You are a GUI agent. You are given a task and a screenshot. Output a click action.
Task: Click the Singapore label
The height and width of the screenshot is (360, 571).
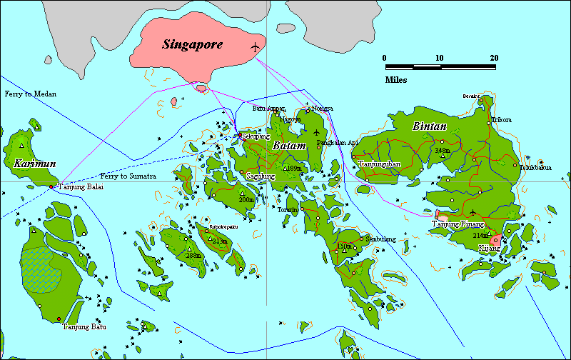click(192, 44)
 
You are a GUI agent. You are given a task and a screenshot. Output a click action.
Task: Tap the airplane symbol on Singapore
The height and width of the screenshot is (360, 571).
click(256, 47)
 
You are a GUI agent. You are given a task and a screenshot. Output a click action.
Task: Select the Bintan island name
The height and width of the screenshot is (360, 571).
click(430, 126)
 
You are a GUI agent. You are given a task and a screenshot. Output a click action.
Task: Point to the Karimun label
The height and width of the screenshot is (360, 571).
click(34, 164)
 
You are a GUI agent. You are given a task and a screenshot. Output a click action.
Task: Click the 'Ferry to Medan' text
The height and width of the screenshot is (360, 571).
click(30, 94)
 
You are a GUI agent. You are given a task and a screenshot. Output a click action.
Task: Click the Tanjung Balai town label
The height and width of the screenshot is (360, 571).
click(80, 186)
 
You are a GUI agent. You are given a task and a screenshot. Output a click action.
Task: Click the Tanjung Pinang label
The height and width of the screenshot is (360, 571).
click(458, 224)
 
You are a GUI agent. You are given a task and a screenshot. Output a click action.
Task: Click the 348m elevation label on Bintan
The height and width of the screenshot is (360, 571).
click(443, 151)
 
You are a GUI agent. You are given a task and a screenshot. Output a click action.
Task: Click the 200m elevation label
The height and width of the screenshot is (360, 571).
click(246, 200)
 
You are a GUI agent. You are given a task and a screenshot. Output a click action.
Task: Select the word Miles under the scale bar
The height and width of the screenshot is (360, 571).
click(396, 80)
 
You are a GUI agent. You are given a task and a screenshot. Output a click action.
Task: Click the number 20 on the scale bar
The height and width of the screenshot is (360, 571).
click(494, 58)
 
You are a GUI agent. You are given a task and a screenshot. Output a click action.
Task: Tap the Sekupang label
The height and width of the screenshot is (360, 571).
click(256, 135)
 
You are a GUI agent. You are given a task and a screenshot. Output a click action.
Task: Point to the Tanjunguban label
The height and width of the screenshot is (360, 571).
click(379, 164)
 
